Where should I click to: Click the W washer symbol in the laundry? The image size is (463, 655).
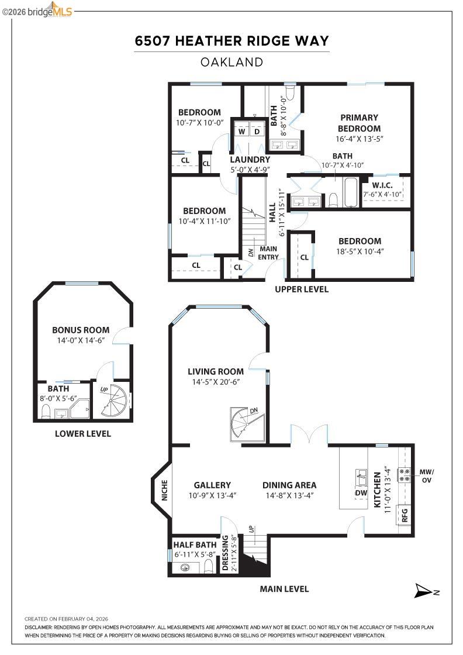(x=241, y=132)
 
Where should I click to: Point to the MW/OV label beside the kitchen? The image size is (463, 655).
(x=427, y=475)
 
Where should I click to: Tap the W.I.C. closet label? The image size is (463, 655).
(x=382, y=185)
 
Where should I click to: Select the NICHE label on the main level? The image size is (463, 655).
(x=164, y=490)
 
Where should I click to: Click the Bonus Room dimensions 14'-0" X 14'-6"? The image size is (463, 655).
(x=81, y=340)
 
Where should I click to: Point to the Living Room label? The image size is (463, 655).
(x=215, y=371)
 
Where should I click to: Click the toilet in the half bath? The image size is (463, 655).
(x=209, y=566)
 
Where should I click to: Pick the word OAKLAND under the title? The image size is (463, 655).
(x=231, y=62)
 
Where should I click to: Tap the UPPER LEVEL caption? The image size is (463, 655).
(x=302, y=289)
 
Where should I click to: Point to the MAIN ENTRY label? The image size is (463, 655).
(x=269, y=253)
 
